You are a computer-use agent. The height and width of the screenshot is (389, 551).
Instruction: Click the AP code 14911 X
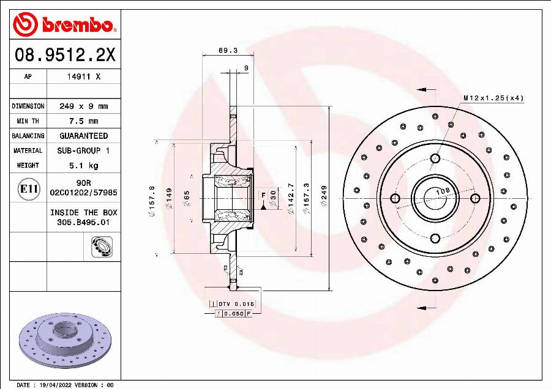tap(83, 77)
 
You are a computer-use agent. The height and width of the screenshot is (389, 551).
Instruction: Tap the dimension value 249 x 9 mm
tap(83, 106)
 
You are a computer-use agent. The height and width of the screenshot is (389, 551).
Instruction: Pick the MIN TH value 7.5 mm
tap(83, 121)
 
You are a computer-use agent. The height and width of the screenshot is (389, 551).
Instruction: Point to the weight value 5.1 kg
tap(83, 165)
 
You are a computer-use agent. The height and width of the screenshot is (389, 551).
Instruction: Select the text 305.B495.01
tap(83, 223)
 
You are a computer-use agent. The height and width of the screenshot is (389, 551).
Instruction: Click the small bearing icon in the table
tap(99, 246)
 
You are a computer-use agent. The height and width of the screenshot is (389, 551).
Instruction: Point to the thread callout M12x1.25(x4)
tap(493, 98)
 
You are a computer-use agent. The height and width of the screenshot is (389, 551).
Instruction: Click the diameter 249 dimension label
tap(324, 199)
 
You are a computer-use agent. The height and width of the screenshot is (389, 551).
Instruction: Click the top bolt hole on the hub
tap(435, 158)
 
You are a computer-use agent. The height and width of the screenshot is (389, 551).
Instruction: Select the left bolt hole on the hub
tap(395, 198)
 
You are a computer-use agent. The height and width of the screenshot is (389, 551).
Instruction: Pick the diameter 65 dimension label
tap(187, 199)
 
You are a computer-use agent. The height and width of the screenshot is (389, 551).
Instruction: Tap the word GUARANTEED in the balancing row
tap(83, 136)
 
